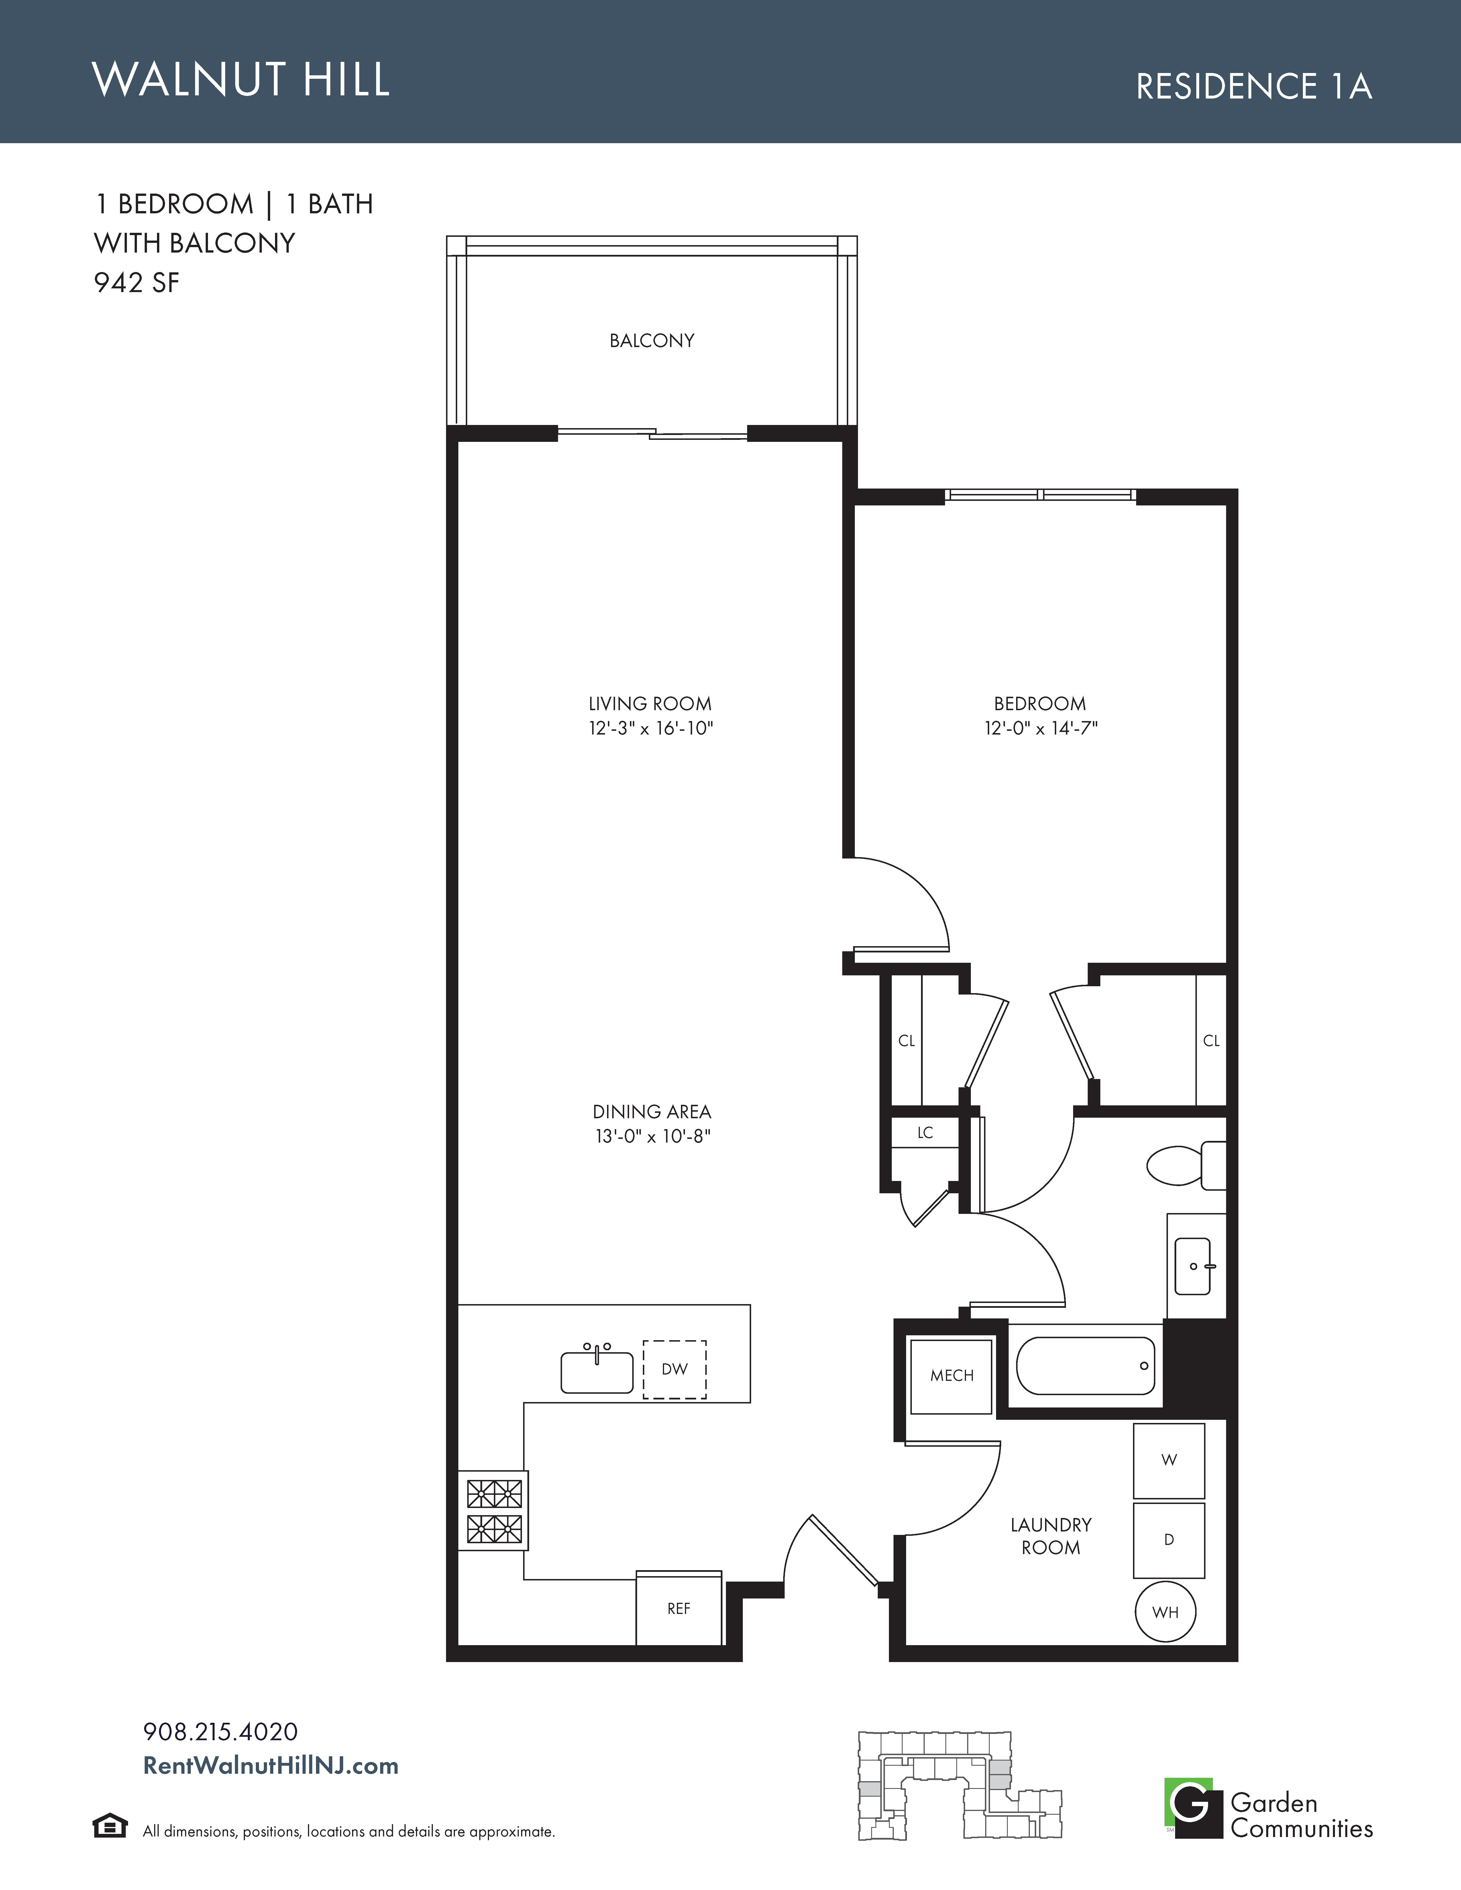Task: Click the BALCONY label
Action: tap(652, 341)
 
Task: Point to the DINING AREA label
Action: tap(652, 1112)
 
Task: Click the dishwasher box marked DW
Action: tap(674, 1369)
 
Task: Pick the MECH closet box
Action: tap(951, 1376)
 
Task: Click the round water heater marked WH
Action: tap(1166, 1612)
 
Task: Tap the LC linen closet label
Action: tap(925, 1133)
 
